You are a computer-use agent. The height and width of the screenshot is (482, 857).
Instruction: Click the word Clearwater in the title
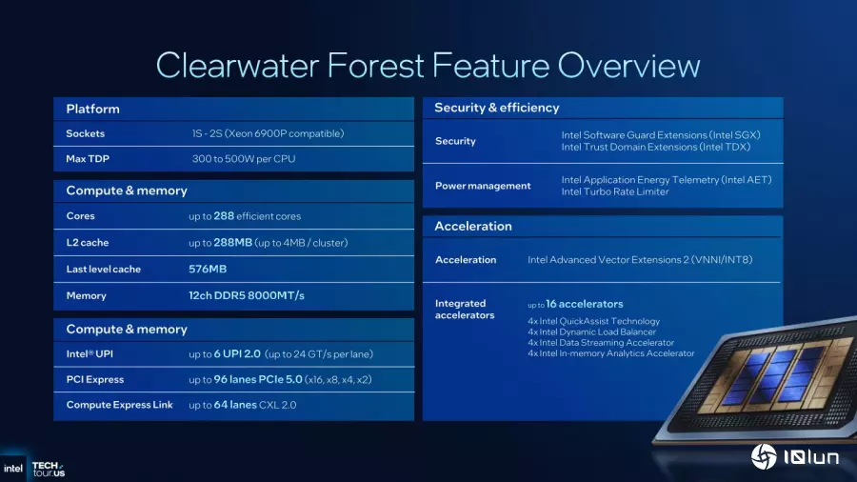(x=237, y=66)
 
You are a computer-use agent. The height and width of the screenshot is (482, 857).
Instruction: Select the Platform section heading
(x=93, y=109)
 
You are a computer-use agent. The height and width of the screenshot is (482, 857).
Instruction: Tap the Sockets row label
(x=86, y=133)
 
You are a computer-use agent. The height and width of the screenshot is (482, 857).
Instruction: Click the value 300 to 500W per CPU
(x=244, y=159)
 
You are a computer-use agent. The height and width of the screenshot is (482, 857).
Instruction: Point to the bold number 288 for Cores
(x=224, y=216)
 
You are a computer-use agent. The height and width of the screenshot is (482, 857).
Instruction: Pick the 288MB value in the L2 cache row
(x=233, y=242)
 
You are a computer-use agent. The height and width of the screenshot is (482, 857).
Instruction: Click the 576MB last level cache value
(x=208, y=269)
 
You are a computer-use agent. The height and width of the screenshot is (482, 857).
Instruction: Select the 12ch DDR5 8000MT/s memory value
(x=247, y=295)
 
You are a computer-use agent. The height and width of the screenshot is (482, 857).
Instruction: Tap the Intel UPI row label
(x=90, y=354)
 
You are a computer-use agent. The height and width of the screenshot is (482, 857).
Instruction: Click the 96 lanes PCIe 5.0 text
(x=258, y=379)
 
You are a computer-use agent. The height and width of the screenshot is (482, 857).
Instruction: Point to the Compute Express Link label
(x=120, y=405)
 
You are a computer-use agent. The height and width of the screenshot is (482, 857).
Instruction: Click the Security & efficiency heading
(x=497, y=108)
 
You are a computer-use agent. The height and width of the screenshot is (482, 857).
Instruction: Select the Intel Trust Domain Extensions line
(x=656, y=147)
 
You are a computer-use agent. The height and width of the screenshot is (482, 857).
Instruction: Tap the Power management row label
(x=483, y=186)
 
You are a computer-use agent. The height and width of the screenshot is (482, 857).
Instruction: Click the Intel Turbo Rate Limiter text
(x=615, y=191)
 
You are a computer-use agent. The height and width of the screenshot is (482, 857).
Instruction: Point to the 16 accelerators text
(x=585, y=304)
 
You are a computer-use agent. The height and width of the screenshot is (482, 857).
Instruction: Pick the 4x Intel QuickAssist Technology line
(x=593, y=321)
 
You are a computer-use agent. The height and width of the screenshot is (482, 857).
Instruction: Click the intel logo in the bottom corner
(x=13, y=469)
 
